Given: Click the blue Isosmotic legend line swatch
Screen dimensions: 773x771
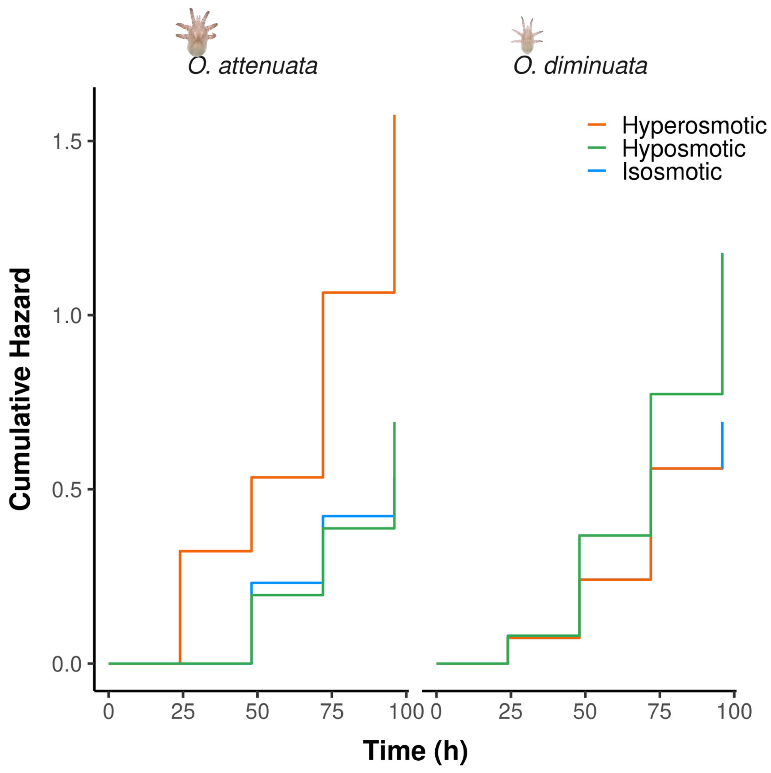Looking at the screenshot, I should [x=596, y=171].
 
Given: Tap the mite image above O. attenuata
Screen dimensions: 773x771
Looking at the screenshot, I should [x=196, y=32].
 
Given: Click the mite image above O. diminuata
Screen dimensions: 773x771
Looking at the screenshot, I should [x=527, y=35].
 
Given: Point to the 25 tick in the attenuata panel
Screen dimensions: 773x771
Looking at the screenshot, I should [x=183, y=712].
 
